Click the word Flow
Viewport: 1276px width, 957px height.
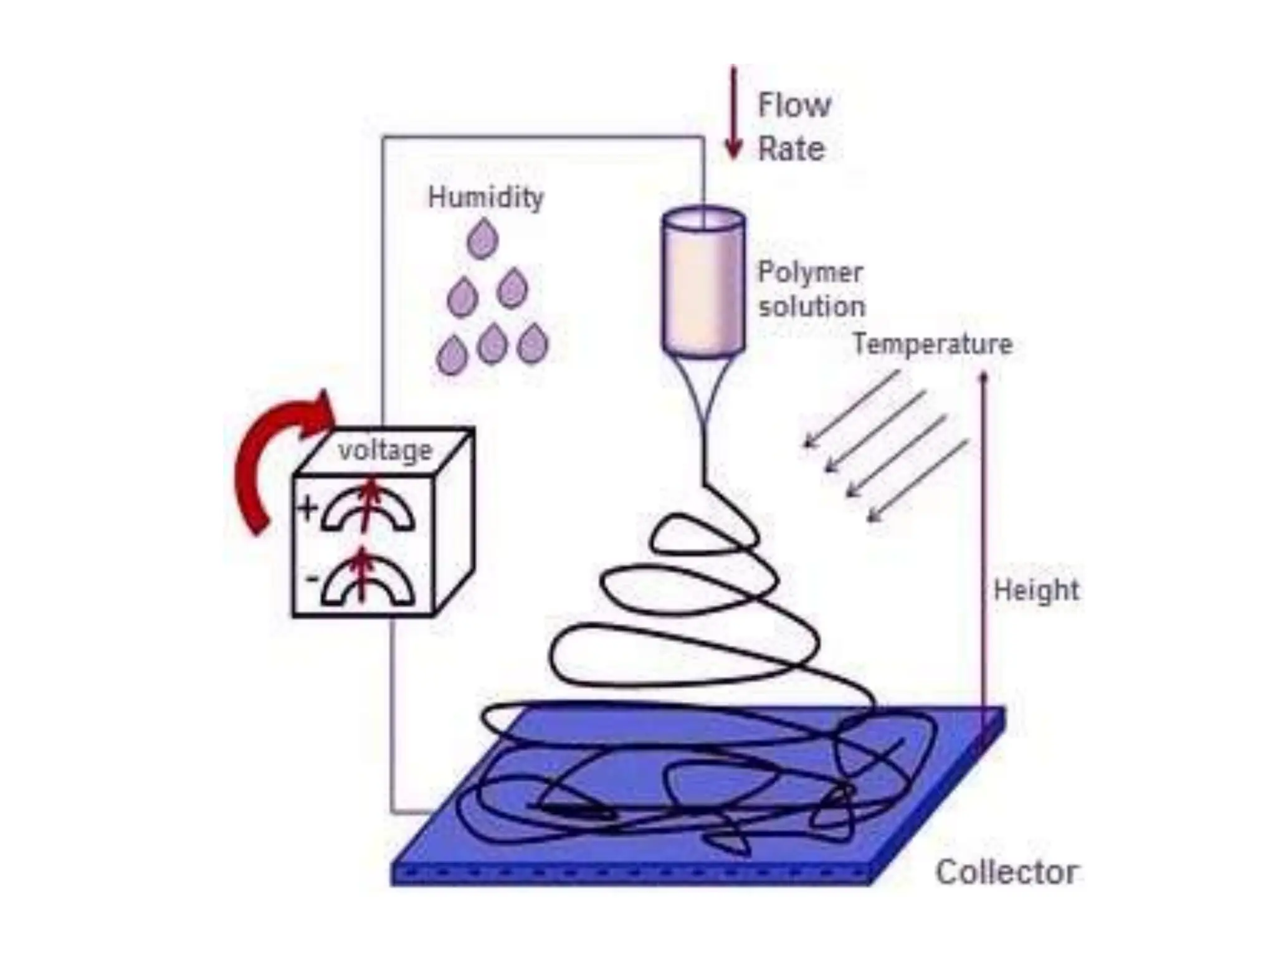(x=794, y=105)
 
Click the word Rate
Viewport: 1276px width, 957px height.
(x=791, y=150)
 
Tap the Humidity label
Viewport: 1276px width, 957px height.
(x=485, y=198)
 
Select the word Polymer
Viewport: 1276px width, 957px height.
(x=810, y=272)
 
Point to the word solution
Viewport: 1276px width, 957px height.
(x=811, y=307)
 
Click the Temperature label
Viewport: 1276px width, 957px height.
(x=932, y=344)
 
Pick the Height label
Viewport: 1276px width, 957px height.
(x=1036, y=590)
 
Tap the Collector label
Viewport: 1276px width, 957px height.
(x=1006, y=872)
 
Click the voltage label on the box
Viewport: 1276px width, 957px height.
(x=385, y=450)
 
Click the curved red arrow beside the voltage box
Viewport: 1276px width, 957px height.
(x=268, y=455)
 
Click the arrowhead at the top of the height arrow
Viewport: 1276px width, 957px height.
(x=984, y=378)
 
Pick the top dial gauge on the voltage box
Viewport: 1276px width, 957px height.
(x=368, y=510)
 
